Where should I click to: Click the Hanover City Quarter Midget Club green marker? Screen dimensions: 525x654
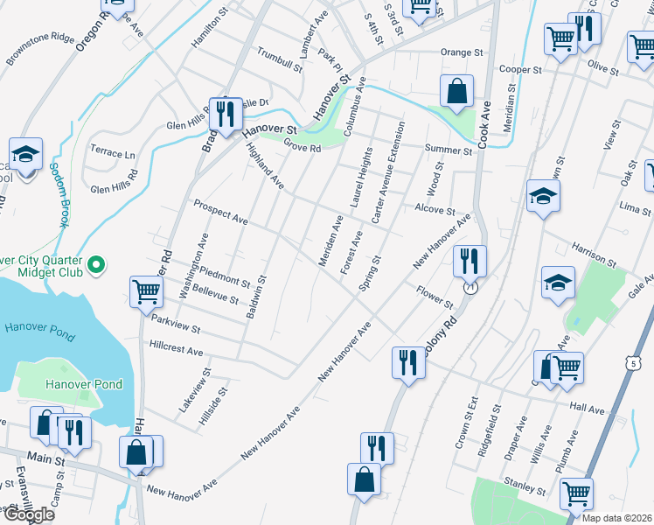click(97, 263)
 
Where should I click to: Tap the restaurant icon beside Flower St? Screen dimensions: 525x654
click(470, 261)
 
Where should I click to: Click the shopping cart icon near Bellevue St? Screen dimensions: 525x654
click(146, 292)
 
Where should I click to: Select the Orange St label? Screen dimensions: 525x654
click(462, 52)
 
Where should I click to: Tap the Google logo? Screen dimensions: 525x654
click(28, 514)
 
